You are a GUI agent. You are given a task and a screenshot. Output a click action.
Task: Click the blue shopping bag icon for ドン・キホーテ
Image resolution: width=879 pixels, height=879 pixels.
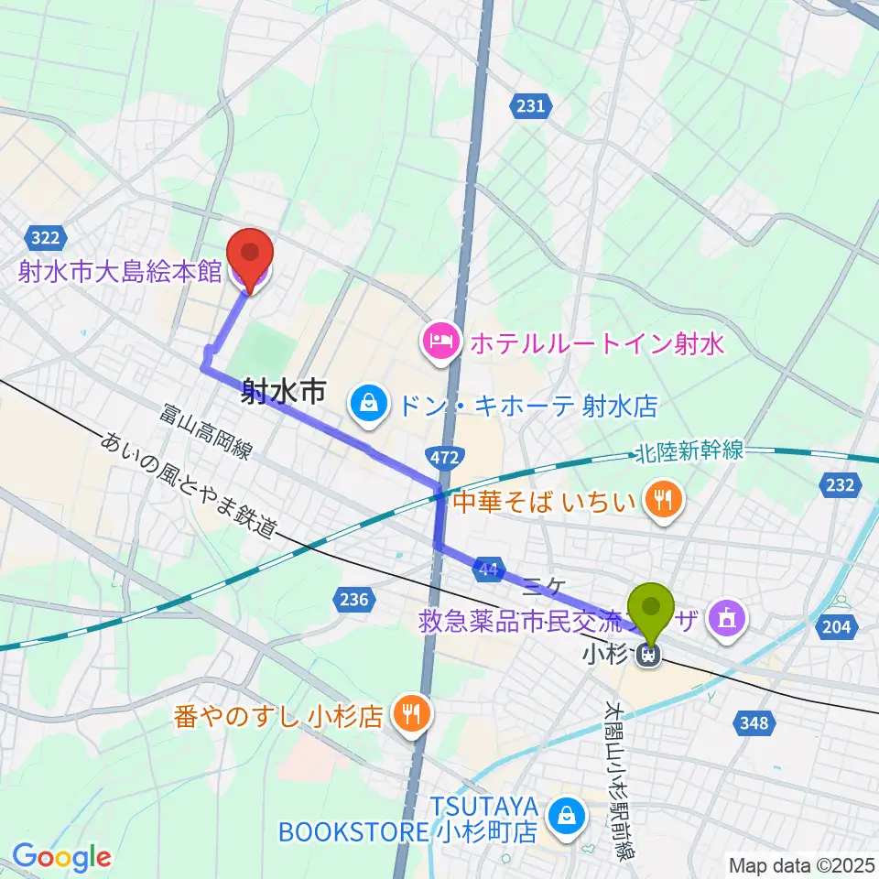pos(367,404)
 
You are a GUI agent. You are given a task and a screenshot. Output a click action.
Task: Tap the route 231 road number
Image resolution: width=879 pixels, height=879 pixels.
pos(530,106)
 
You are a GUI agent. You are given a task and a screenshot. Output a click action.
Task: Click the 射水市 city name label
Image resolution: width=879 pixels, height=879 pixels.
pos(284,394)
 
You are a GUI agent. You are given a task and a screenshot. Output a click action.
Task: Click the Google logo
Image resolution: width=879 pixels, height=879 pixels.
pos(60,857)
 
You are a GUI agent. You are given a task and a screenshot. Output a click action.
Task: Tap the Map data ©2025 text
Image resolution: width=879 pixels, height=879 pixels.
pos(801,863)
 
